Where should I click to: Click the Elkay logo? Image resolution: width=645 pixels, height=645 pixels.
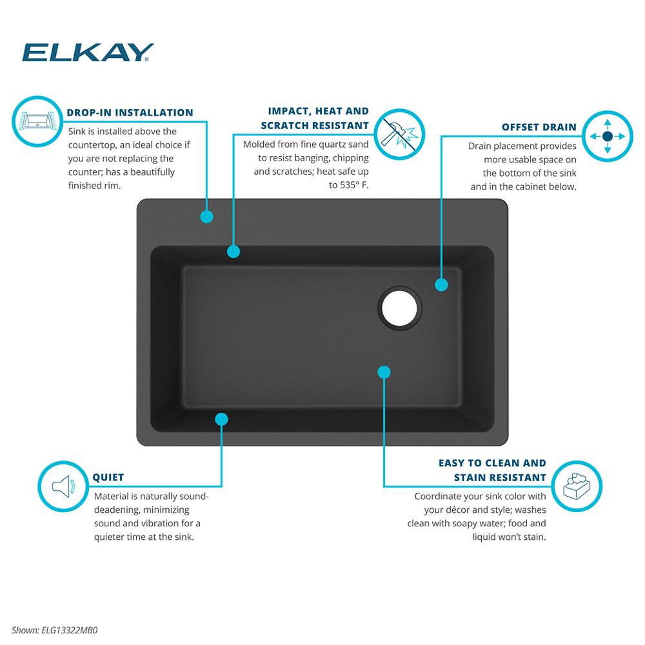[88, 52]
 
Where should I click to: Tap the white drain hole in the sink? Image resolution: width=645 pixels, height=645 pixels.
[399, 308]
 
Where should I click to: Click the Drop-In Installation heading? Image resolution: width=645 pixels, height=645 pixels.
[130, 113]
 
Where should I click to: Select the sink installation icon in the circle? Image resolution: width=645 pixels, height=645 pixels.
[37, 121]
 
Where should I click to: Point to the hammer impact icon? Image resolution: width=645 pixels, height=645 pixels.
[399, 135]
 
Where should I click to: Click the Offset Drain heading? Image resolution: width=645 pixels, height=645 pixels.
[539, 127]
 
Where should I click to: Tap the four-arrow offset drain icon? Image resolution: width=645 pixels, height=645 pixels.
[608, 136]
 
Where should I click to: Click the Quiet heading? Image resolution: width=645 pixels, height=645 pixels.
[108, 477]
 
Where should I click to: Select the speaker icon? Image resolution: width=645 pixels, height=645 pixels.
[63, 486]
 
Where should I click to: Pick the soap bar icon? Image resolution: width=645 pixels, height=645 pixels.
[577, 486]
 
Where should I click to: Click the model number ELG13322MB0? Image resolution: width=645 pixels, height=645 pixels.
[70, 630]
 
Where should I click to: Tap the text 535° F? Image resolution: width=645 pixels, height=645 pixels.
[354, 185]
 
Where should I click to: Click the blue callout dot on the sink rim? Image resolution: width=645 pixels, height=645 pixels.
[206, 217]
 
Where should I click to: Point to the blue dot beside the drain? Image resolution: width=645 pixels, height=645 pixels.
[441, 284]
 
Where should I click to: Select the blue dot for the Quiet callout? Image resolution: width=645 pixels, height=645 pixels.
[221, 419]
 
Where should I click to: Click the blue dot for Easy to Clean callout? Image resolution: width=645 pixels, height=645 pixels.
[384, 372]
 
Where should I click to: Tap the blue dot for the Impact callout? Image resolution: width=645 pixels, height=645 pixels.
[233, 252]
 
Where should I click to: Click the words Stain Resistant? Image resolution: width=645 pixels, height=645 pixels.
[500, 477]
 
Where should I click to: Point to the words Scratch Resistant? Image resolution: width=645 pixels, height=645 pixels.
[315, 126]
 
